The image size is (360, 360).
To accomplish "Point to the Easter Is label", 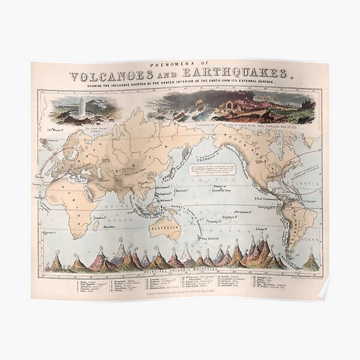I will coord(261,229).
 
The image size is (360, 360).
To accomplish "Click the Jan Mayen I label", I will coord(51,128).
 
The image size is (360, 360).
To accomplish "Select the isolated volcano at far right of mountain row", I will coord(310,262).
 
